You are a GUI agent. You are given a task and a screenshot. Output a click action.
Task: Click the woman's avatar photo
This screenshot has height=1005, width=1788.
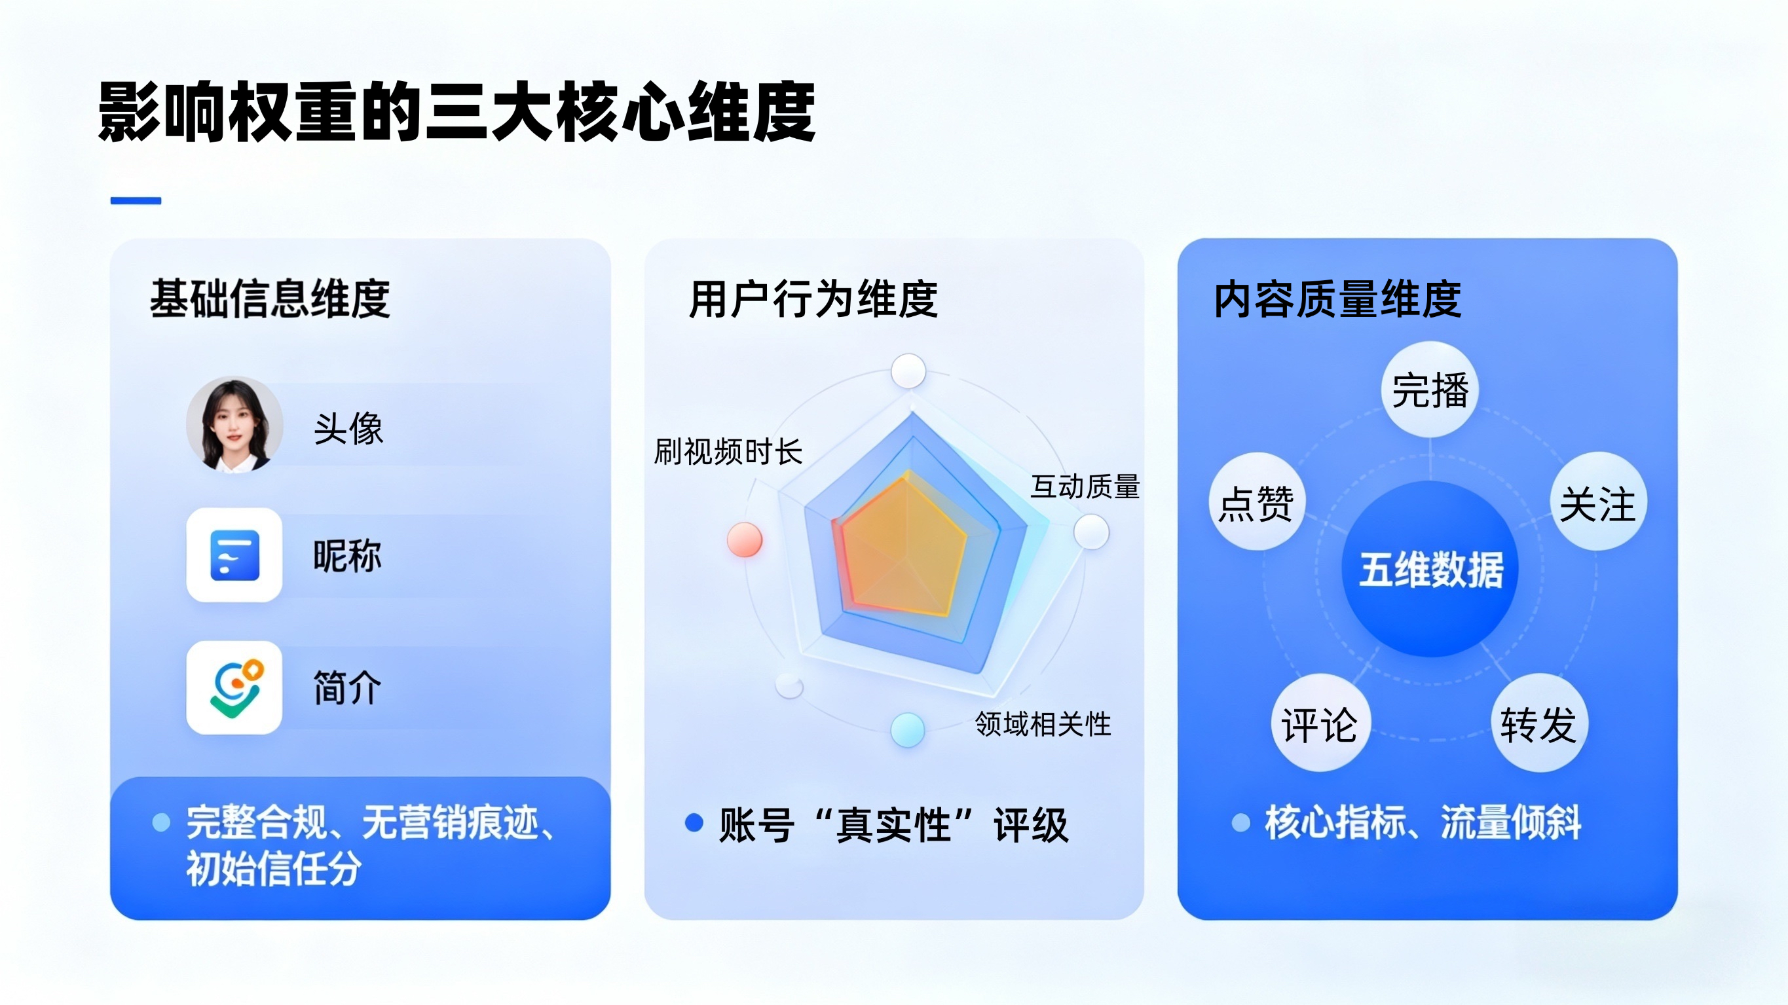234,425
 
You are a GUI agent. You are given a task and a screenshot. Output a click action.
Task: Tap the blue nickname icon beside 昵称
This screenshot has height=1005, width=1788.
234,555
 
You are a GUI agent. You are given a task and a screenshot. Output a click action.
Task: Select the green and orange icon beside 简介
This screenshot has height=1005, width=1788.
234,687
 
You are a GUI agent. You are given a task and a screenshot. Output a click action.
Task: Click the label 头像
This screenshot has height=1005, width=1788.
348,428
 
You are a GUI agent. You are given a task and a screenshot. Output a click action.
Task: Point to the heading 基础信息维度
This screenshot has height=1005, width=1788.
270,299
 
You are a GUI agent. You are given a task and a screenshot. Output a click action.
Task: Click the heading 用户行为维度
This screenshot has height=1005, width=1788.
813,299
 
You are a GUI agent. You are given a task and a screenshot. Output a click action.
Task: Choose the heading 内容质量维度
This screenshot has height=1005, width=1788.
1337,299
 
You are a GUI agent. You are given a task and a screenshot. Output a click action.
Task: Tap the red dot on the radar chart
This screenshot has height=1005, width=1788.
744,539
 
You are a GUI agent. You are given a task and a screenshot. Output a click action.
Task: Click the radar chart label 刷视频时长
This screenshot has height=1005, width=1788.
728,452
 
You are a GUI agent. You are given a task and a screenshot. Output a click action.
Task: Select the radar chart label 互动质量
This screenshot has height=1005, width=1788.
1085,486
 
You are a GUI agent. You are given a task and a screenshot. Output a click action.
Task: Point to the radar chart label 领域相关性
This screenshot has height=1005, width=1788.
1043,724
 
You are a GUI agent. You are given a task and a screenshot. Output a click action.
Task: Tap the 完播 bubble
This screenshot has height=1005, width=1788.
1430,390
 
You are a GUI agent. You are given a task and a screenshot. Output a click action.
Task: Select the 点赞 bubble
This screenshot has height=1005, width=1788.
1257,502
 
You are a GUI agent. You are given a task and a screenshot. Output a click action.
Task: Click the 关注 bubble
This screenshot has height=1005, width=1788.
1598,502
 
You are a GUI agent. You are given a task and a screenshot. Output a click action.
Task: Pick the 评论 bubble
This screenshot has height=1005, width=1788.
1320,724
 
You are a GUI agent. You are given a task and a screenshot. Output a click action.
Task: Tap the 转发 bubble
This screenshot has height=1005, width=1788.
1539,724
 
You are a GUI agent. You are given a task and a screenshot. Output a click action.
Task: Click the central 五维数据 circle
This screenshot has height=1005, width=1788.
1430,569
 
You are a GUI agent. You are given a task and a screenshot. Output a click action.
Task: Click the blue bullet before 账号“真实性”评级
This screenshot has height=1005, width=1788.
694,822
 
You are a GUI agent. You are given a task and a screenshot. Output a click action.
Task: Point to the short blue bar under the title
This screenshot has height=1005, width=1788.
136,200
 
